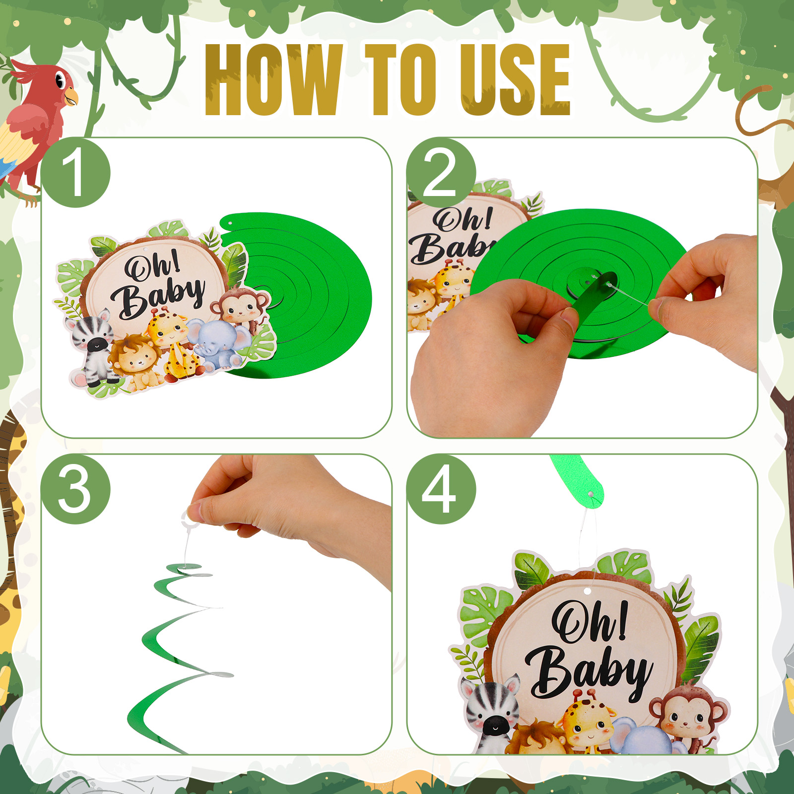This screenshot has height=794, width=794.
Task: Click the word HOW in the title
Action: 273,80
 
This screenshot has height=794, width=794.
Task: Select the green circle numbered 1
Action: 75,173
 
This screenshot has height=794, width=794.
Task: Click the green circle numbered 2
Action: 441,173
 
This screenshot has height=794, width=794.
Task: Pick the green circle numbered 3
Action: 75,489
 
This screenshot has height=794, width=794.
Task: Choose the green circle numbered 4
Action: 441,489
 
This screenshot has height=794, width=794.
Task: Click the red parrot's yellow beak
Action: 71,96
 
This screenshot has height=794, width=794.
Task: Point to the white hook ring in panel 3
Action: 191,519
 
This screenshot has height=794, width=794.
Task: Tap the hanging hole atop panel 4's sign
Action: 588,591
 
